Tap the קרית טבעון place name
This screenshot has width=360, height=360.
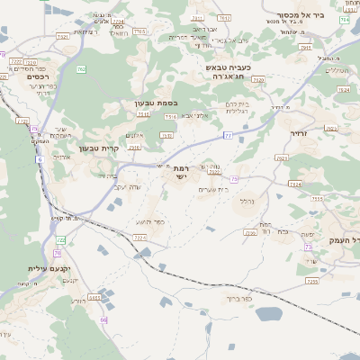pos(99,148)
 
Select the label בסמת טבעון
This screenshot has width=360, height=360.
pos(152,103)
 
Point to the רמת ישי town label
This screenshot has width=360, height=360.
pos(181,173)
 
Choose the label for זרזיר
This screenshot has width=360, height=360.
pos(299,133)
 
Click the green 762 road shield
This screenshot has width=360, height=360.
pos(82,68)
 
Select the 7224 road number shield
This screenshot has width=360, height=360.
pos(139,238)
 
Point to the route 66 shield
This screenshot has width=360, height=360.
pos(104,319)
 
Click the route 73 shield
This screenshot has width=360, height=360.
pos(308,246)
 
